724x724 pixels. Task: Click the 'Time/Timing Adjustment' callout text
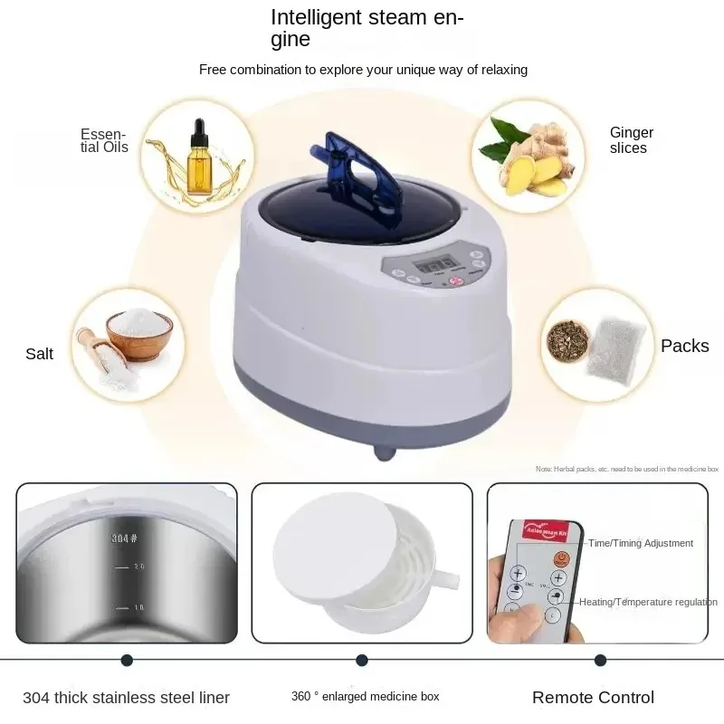coord(640,543)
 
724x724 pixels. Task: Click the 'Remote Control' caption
coord(593,697)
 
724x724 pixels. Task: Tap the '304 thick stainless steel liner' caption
coord(127,697)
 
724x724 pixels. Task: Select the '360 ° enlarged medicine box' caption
coord(365,697)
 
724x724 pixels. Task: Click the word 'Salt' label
coord(39,354)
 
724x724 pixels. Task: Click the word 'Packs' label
coord(684,346)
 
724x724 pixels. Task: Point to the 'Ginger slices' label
coord(631,140)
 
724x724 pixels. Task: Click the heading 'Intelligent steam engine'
coord(367,27)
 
